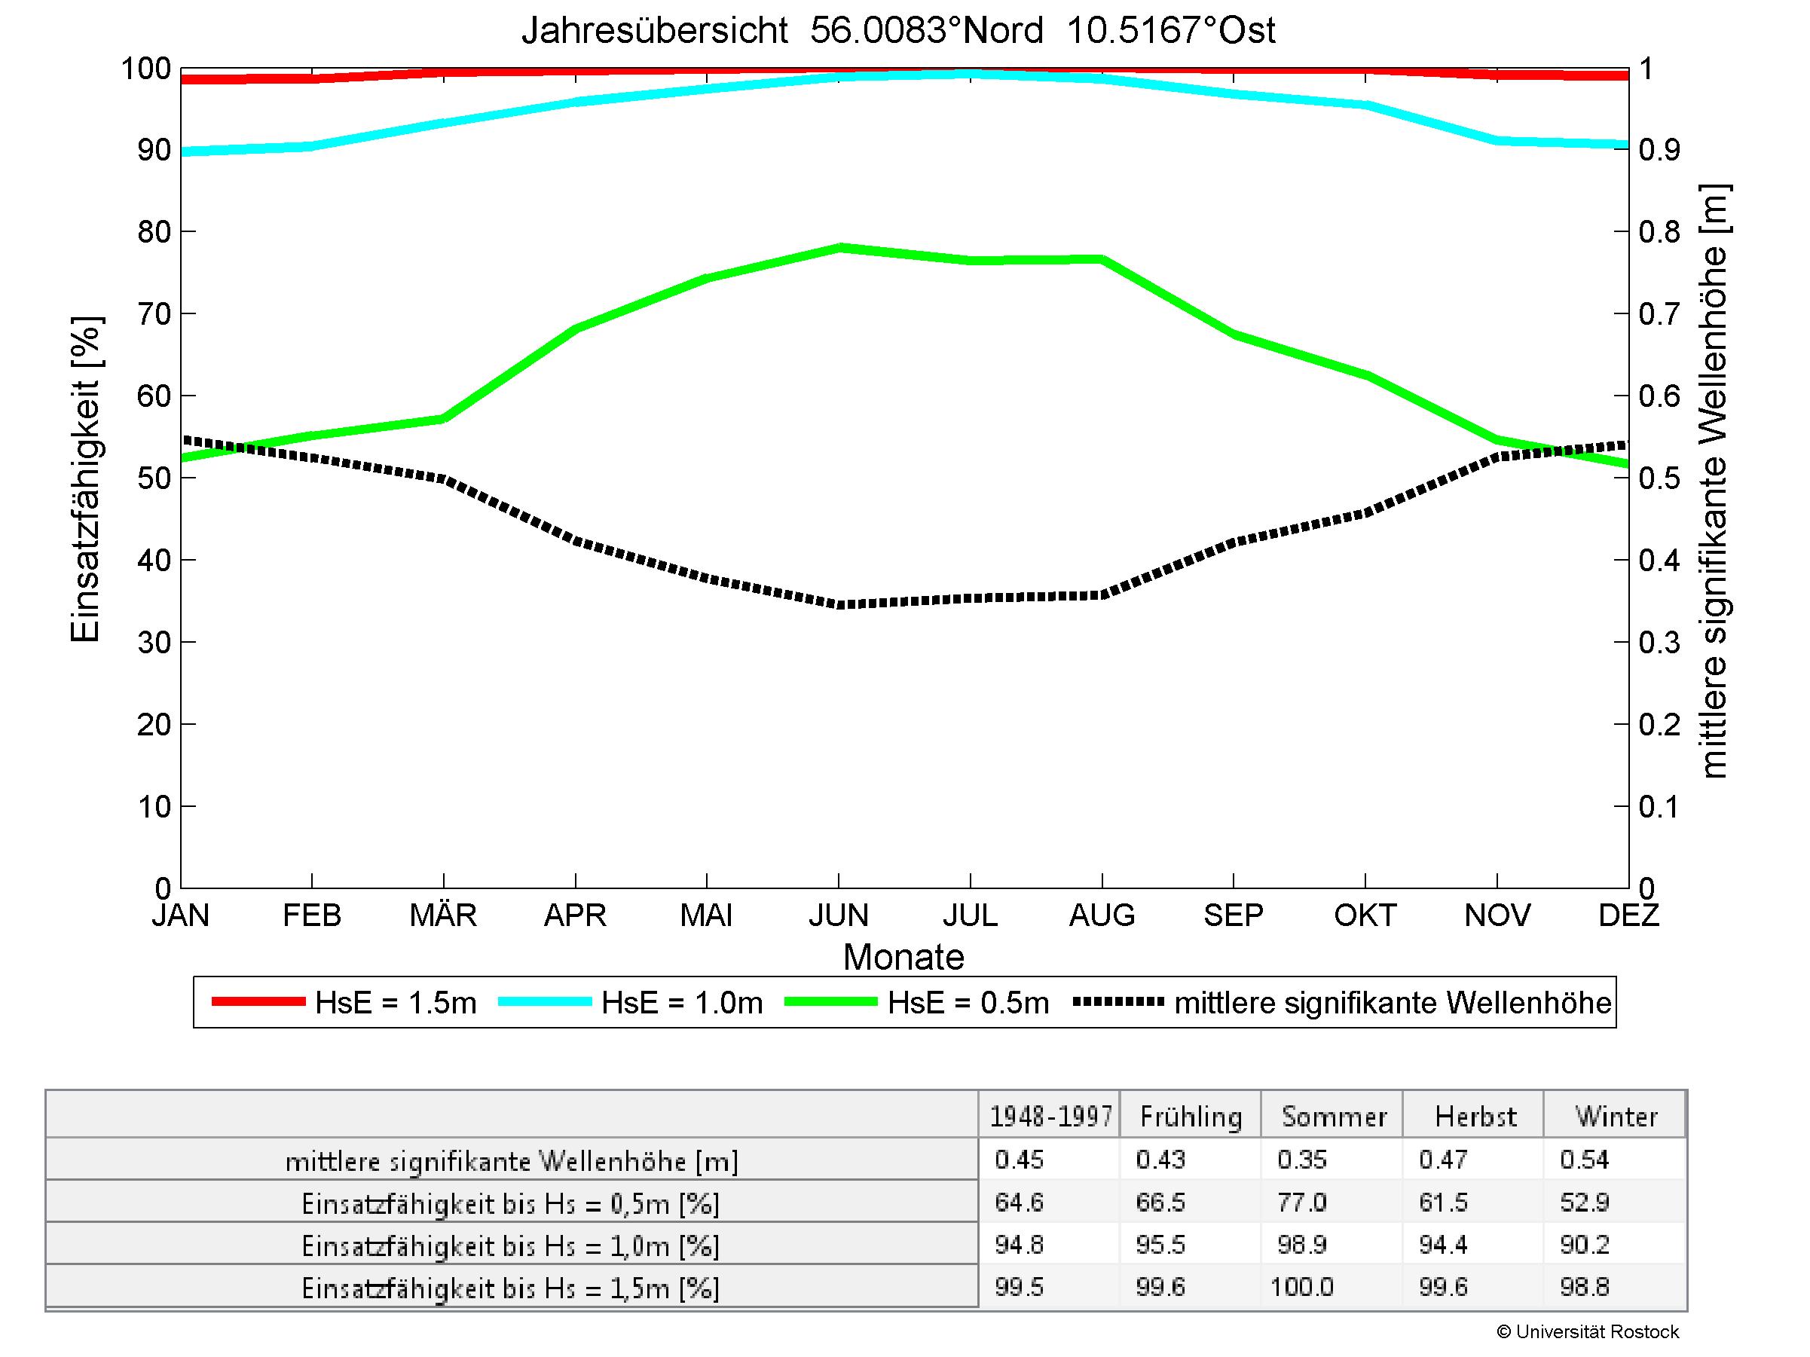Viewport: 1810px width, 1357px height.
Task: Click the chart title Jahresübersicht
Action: (897, 31)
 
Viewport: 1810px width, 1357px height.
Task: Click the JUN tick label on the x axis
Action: (838, 915)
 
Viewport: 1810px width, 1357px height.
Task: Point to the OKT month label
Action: (1364, 915)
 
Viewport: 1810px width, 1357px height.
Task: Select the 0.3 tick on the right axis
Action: (1659, 643)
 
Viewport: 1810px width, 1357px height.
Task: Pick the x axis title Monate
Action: (903, 957)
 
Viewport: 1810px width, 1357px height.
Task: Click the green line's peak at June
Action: (839, 247)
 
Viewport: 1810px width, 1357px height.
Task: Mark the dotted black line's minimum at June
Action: (839, 605)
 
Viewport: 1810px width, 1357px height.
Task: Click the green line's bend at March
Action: (442, 419)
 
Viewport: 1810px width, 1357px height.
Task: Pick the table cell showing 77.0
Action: (1302, 1203)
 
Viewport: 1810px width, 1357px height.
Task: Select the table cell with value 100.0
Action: (1302, 1288)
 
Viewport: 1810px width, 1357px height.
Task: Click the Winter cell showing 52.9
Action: (1584, 1203)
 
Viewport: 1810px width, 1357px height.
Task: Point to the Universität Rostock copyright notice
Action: (1588, 1331)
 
